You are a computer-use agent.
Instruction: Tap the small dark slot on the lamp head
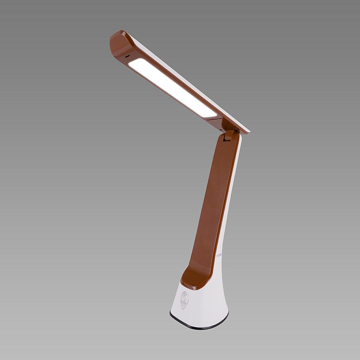[x=127, y=55]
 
